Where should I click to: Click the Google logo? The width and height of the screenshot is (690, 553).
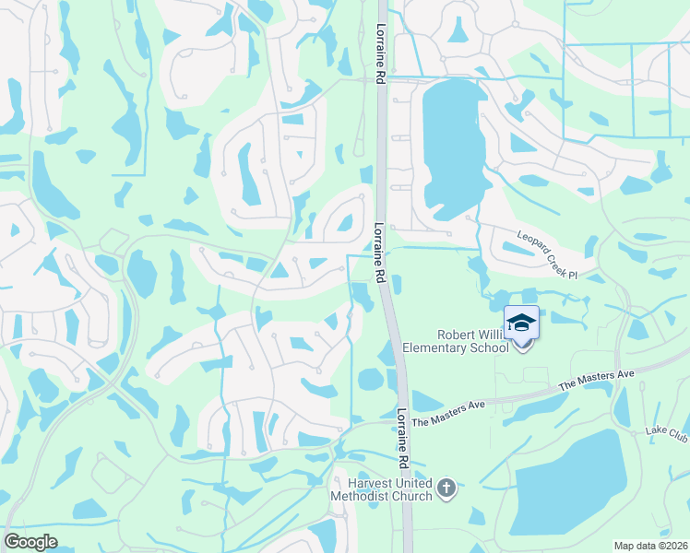(30, 542)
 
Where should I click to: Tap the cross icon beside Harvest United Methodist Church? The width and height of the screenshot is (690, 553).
(446, 488)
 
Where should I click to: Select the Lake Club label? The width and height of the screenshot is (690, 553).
(666, 432)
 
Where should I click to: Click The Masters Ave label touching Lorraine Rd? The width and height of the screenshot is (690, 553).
(448, 412)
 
